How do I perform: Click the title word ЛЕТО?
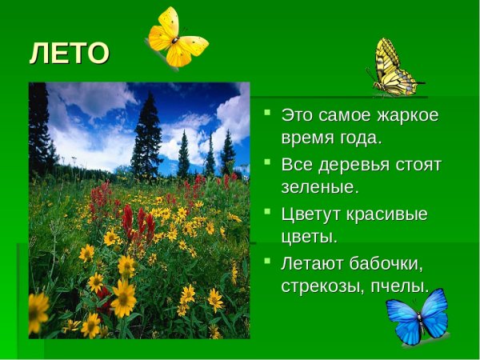click(x=69, y=54)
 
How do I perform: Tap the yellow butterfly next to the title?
click(x=175, y=37)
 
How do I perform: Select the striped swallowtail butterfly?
click(x=394, y=69)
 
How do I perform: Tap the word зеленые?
click(x=318, y=188)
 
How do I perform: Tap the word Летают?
click(x=315, y=262)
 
